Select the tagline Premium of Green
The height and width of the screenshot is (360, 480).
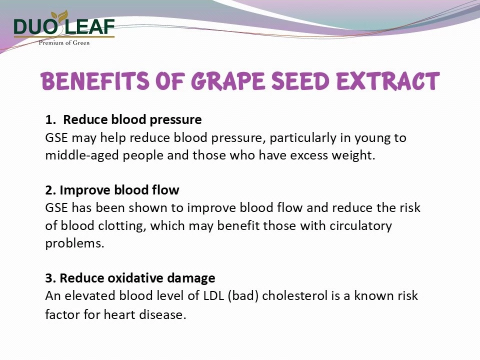pos(64,43)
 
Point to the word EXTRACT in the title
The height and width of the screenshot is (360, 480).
pos(388,81)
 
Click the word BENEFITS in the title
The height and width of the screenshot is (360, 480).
pos(95,81)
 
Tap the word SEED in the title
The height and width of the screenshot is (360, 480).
pos(300,81)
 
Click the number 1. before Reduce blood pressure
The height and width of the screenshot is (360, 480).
pos(50,119)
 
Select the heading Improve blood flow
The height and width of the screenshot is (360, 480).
pos(119,190)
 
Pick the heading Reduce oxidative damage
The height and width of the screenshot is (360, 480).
pos(137,278)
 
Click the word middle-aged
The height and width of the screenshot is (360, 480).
pos(82,155)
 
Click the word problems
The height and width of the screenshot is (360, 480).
pos(74,243)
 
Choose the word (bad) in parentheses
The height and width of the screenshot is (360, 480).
pos(243,296)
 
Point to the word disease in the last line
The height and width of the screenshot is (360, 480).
pos(162,314)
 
